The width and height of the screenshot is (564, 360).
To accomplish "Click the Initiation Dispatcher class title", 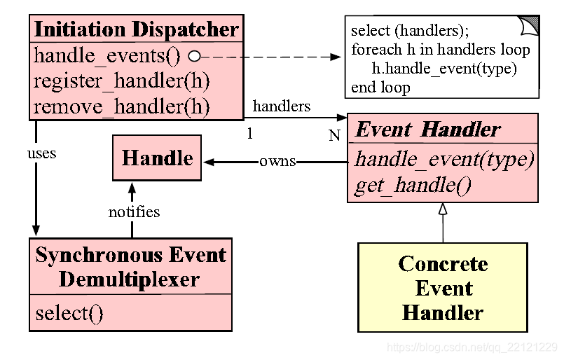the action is (x=137, y=29).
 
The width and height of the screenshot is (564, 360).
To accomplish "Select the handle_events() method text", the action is (x=106, y=57).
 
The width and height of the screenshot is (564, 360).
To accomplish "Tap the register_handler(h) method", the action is (x=122, y=81).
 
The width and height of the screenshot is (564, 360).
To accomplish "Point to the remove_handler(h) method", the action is (x=122, y=107).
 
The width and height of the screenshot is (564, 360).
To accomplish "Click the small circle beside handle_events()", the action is (x=195, y=57).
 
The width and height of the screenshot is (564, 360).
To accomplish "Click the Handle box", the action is (x=157, y=158).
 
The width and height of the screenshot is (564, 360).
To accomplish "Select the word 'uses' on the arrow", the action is (x=42, y=153).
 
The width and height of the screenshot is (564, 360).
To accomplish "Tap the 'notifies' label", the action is (x=134, y=212).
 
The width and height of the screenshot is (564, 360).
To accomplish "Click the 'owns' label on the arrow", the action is (x=277, y=162).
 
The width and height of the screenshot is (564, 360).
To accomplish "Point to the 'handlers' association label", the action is (x=282, y=106).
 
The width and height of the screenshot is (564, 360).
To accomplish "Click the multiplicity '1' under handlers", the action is (x=250, y=134).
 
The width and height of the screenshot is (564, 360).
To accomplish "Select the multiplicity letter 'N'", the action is (x=334, y=136).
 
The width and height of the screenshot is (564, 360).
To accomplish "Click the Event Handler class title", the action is (x=428, y=130).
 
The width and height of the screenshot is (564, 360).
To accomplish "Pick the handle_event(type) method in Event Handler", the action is (x=445, y=159).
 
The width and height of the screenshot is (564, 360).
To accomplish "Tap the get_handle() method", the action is (x=413, y=186).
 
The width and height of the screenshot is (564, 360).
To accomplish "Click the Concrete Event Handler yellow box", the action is (x=443, y=287).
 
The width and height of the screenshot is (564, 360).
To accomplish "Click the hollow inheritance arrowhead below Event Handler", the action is (x=443, y=209).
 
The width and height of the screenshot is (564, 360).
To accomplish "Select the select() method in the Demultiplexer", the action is (x=69, y=314).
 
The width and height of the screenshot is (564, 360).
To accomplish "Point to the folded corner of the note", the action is (x=529, y=25).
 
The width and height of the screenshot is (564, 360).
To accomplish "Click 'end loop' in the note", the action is (x=380, y=88).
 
